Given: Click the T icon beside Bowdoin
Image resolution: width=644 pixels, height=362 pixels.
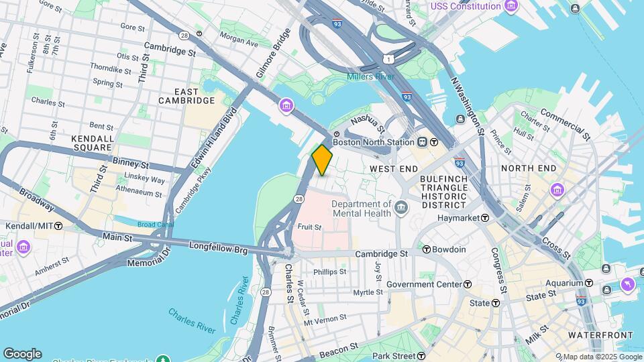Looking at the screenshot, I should point(426,249).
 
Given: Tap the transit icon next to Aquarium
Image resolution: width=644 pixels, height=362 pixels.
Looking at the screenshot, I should point(588,283).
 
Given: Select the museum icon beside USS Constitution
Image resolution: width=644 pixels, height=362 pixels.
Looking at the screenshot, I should point(512,7).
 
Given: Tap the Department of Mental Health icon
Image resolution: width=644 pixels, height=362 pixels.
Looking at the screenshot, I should point(400,207).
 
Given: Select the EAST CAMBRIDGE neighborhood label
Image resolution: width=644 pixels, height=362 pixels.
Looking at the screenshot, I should point(186,96).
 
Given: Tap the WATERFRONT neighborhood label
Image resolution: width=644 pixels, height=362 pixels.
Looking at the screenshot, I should point(600,335).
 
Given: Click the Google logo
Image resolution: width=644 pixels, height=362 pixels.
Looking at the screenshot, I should point(22,354).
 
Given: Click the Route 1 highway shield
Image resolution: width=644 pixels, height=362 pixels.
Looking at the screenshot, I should point(390,60).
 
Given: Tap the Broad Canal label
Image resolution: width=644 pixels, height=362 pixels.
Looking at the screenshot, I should point(155,225).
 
